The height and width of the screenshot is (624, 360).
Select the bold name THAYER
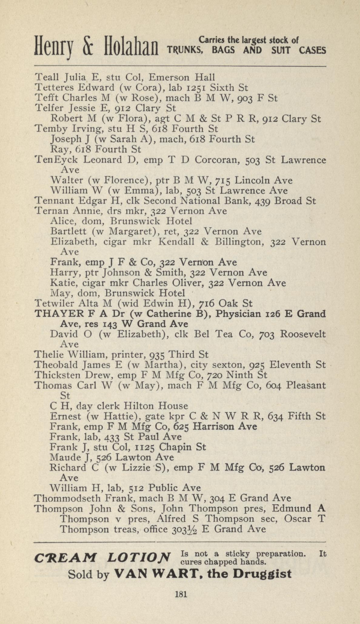(55, 314)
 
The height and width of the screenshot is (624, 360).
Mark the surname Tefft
(45, 98)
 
